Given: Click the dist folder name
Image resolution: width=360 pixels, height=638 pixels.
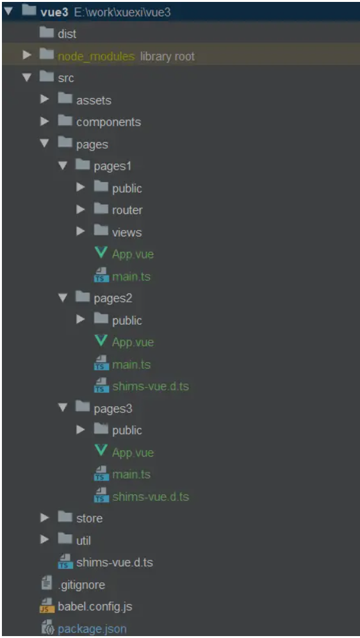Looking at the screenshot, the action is [x=67, y=34].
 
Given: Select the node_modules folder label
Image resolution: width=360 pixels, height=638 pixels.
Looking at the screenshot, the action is [x=96, y=56].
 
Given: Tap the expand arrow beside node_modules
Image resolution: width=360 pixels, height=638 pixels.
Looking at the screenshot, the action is [x=27, y=55].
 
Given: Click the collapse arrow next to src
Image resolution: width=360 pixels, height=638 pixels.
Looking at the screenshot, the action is [x=27, y=78].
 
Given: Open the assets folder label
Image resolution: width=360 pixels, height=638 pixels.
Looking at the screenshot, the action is [x=94, y=100].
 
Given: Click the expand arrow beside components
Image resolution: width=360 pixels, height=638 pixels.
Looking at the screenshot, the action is [x=45, y=121].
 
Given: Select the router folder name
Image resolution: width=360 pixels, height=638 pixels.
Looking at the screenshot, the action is [x=127, y=210].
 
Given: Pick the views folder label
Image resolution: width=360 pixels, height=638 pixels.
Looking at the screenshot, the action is [x=127, y=233].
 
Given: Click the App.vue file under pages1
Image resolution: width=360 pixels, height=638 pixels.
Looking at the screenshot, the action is [x=133, y=254].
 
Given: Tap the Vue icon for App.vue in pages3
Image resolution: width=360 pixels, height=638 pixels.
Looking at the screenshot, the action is [x=101, y=451].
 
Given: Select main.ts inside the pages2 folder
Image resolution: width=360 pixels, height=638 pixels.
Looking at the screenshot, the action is [x=131, y=364].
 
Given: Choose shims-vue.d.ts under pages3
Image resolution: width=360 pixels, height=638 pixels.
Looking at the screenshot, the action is [x=151, y=497].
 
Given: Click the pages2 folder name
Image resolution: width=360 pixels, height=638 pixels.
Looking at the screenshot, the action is [x=113, y=299].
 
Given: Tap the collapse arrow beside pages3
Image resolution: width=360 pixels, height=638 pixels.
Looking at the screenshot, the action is [x=63, y=407].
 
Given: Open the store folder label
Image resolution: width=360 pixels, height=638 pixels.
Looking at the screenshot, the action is [x=89, y=518].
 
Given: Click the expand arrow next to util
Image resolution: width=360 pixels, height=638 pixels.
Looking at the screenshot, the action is [x=45, y=539].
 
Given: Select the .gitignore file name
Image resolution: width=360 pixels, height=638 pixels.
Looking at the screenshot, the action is [x=81, y=585].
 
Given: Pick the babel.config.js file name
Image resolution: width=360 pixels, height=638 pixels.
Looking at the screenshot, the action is [x=95, y=607].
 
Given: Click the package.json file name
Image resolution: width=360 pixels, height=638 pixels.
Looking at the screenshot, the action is [x=92, y=629].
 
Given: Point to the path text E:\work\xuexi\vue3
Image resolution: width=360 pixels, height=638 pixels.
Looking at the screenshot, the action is [x=122, y=12].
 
